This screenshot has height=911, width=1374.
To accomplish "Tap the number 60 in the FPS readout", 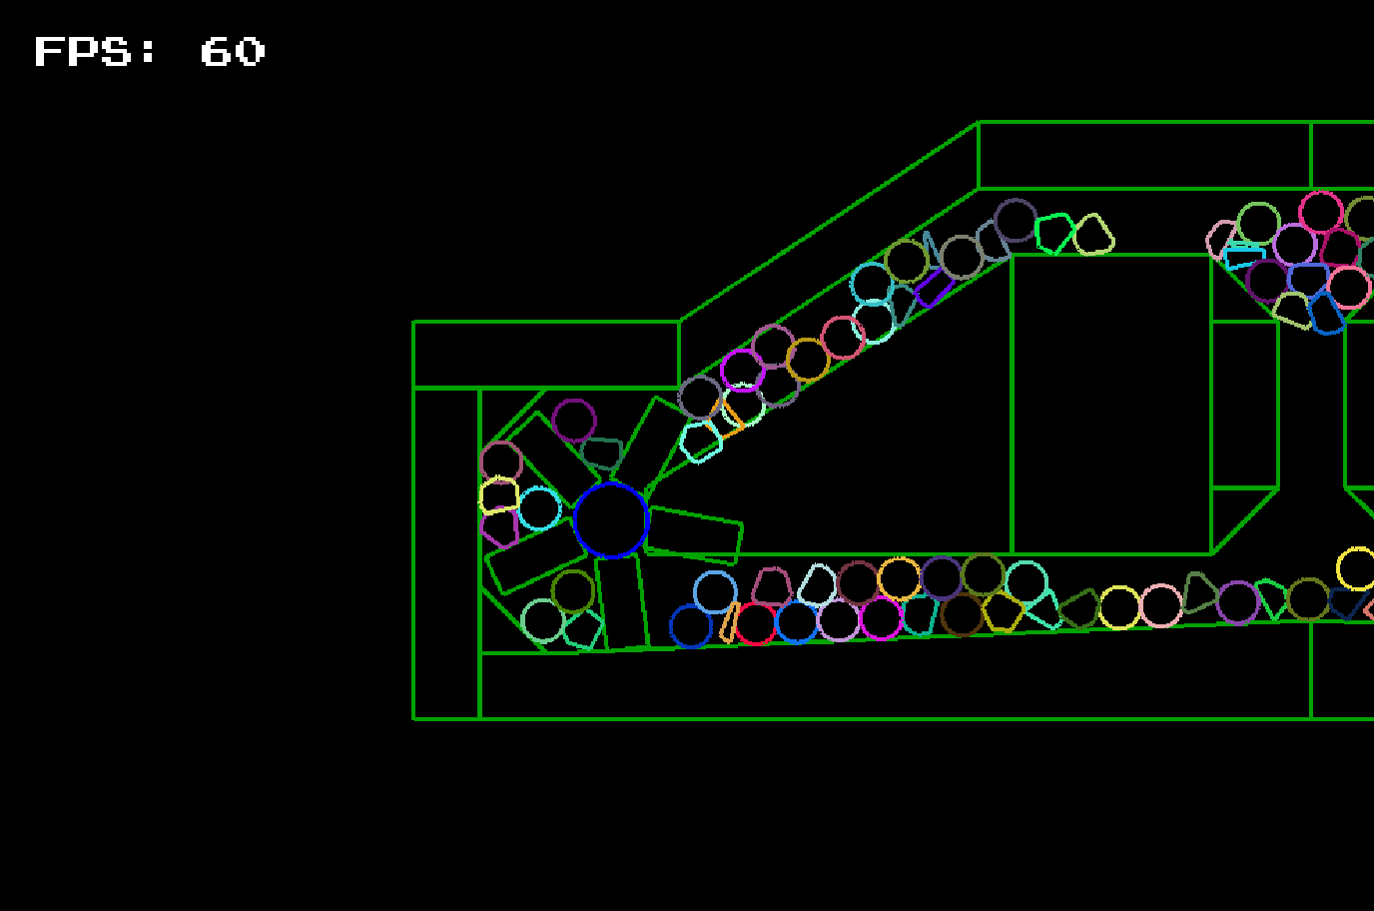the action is pos(233,51).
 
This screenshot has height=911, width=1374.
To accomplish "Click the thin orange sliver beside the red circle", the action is pos(729,622).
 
